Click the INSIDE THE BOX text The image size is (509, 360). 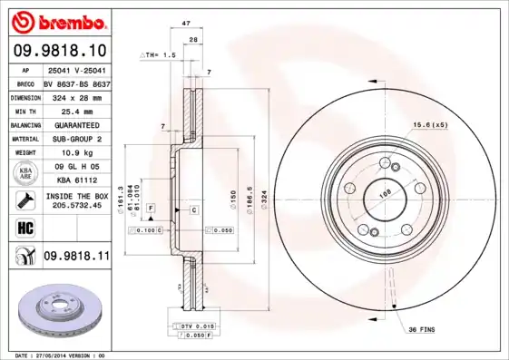coord(76,196)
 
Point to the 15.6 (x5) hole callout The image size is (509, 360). coord(431,124)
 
